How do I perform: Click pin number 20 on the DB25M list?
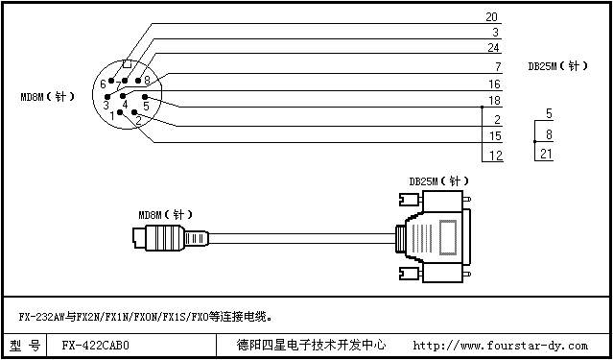coord(492,16)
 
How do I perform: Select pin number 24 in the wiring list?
coord(493,47)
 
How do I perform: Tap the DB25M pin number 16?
coord(495,84)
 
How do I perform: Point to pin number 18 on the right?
coord(495,100)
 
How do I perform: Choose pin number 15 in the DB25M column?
coord(495,136)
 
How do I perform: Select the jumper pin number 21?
coord(546,154)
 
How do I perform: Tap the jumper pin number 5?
coord(548,113)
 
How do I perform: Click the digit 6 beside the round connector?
coord(103,84)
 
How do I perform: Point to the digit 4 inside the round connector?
coord(125,104)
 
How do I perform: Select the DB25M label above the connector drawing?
coord(437,180)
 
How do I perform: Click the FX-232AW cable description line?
coord(144,315)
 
